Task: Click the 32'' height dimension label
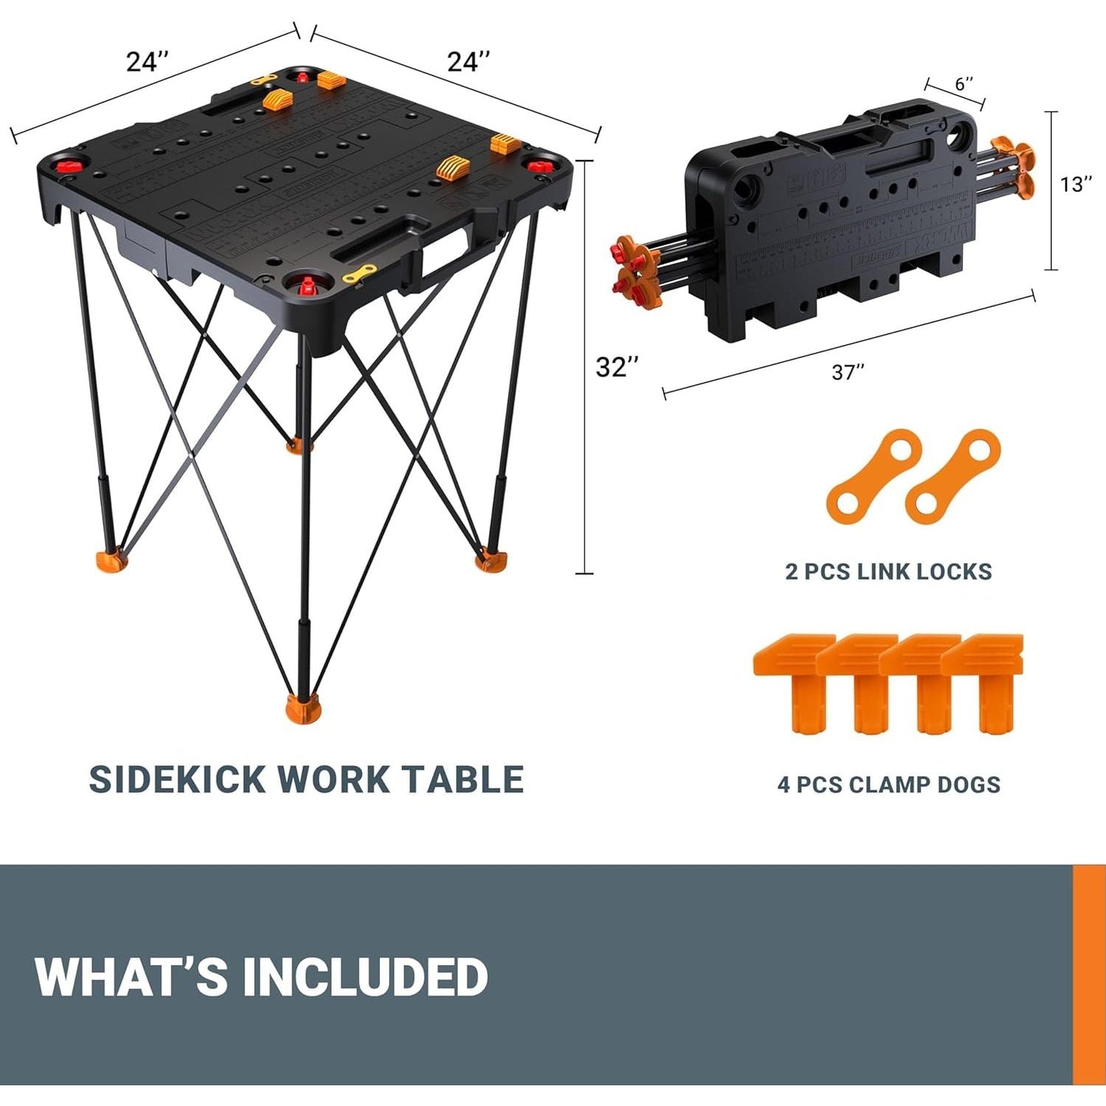616,367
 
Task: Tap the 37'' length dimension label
847,372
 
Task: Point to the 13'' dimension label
1076,184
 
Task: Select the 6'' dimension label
964,83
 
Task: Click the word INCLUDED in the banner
365,977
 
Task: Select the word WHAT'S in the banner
131,977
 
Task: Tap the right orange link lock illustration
953,476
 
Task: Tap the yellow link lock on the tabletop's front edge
360,272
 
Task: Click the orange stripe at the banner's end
1089,975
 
